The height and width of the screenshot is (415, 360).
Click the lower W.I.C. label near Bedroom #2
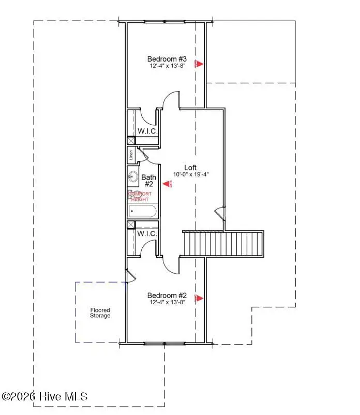tap(147, 234)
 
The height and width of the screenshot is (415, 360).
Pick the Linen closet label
tap(131, 154)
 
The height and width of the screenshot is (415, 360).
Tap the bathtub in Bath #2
tap(141, 211)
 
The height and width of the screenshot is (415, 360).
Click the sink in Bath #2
tap(132, 176)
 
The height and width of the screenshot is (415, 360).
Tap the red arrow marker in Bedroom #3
tap(199, 64)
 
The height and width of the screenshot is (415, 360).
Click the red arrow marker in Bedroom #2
tap(199, 298)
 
